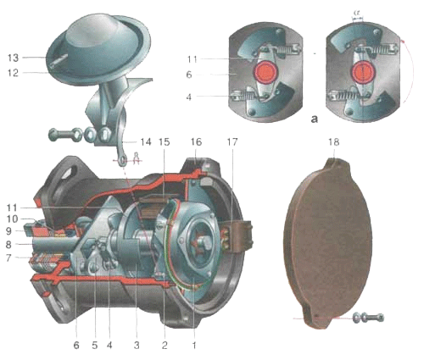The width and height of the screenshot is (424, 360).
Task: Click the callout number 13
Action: click(x=14, y=58)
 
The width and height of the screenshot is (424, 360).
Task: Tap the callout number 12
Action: click(x=14, y=73)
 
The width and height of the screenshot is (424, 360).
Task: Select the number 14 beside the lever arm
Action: click(x=146, y=141)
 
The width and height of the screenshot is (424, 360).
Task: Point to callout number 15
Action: click(x=165, y=141)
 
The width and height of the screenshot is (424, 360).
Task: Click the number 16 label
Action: click(x=196, y=141)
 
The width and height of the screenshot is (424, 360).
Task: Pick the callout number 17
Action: click(x=232, y=141)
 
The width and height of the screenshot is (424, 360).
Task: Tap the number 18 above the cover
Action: click(x=334, y=141)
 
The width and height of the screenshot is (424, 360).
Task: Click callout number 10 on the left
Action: click(x=12, y=219)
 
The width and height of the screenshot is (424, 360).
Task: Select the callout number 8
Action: click(x=8, y=245)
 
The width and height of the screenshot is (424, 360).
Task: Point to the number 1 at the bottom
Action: click(x=194, y=345)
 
